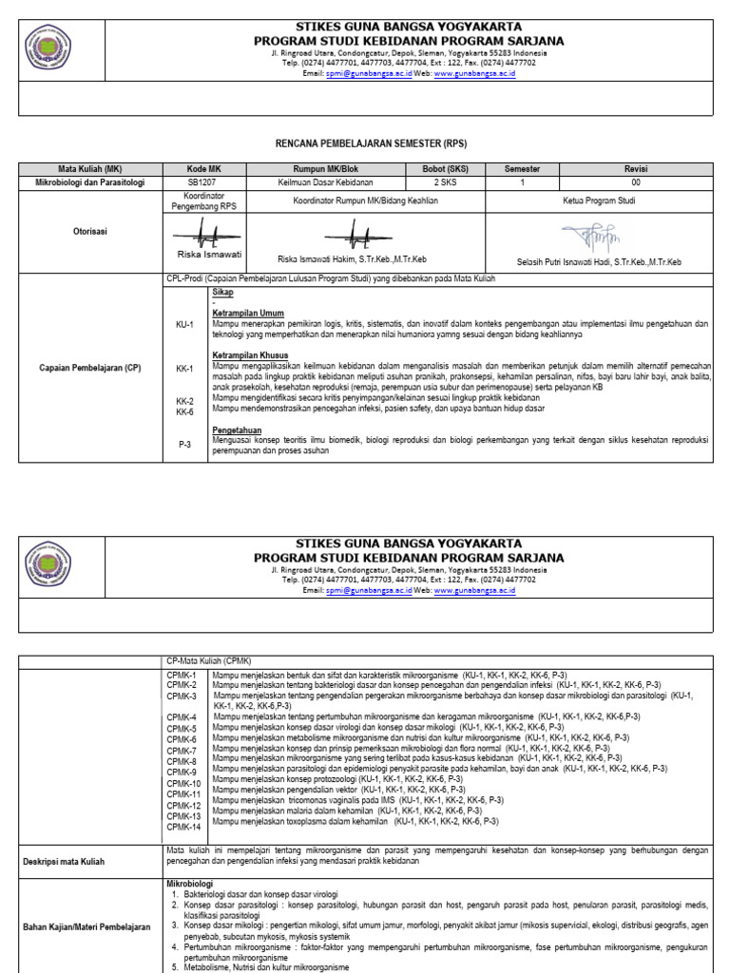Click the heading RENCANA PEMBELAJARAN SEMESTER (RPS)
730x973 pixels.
(x=365, y=141)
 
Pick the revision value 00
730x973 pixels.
(x=636, y=182)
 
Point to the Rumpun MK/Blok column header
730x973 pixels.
(x=324, y=169)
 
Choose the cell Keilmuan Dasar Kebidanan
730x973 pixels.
(x=324, y=182)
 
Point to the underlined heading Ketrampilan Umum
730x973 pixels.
(x=248, y=313)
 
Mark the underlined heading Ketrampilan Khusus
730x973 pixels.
(x=250, y=355)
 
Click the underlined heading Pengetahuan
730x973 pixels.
(x=239, y=430)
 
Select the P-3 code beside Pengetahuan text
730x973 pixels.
(x=184, y=443)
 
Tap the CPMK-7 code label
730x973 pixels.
(x=182, y=751)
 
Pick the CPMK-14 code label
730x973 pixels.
(x=184, y=827)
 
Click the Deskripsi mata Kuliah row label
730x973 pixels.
(x=75, y=862)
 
